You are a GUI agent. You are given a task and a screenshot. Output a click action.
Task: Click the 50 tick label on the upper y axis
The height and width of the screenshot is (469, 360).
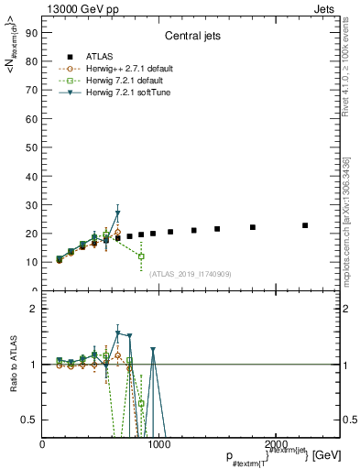31,147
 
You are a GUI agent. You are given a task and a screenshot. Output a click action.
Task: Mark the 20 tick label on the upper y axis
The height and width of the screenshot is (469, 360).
31,234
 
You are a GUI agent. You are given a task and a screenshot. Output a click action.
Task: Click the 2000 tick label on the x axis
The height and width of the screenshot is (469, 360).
273,444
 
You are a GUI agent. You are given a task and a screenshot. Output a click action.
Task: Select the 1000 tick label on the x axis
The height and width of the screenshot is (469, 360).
158,444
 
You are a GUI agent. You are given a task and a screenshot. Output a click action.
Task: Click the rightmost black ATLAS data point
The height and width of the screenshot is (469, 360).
305,225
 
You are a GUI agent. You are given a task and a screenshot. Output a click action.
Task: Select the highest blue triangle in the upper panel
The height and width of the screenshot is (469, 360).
117,213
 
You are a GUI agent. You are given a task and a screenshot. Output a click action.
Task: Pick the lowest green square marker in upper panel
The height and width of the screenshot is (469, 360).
141,256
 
